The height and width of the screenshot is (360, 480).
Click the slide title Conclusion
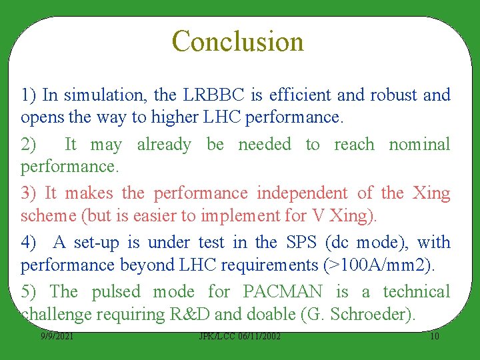(238, 41)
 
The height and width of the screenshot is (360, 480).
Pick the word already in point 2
(164, 145)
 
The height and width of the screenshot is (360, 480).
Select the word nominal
(419, 145)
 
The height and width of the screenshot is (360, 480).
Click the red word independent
(302, 193)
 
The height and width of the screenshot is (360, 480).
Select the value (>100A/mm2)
(379, 265)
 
